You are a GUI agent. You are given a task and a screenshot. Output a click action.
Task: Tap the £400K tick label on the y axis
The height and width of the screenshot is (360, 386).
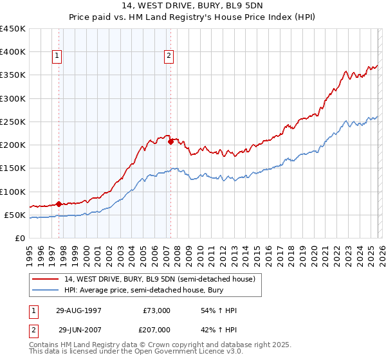tap(12, 52)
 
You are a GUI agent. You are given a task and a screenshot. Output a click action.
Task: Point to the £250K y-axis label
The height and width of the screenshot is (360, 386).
tap(12, 122)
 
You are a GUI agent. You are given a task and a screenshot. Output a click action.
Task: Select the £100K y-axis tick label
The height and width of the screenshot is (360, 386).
tap(12, 192)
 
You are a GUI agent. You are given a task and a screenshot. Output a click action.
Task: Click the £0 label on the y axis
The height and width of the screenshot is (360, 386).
tap(19, 238)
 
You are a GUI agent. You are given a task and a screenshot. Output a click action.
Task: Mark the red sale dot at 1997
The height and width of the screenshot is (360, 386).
tap(59, 204)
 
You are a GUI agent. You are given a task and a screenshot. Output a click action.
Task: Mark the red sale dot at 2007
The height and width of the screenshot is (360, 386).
tap(170, 141)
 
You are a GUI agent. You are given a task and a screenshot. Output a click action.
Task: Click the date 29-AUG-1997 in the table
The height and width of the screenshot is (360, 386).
tap(78, 310)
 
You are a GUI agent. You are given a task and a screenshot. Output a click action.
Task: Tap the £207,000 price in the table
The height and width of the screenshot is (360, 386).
tap(156, 329)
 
